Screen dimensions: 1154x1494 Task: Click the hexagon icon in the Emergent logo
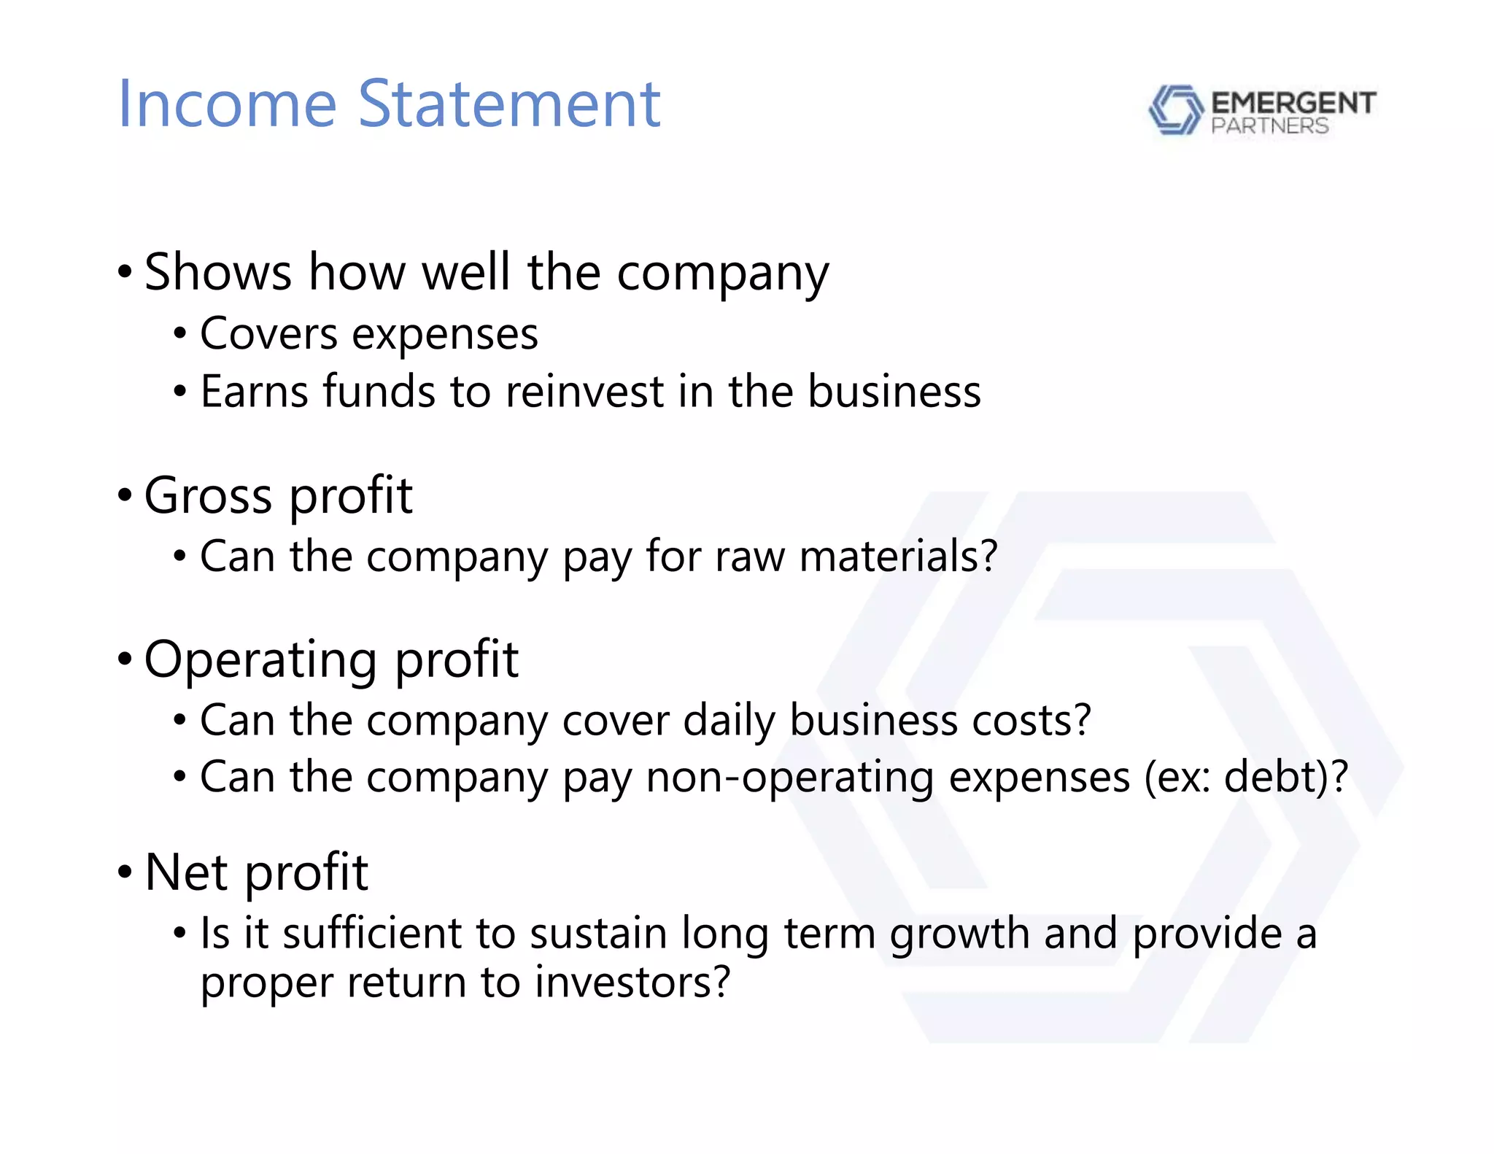click(x=1175, y=110)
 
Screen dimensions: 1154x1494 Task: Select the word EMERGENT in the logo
click(x=1293, y=103)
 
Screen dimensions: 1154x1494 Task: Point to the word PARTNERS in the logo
click(x=1269, y=126)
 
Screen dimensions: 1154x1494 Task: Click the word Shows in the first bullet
click(x=218, y=272)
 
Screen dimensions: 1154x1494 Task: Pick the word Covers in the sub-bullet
click(x=268, y=335)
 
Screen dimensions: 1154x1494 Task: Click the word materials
click(x=898, y=557)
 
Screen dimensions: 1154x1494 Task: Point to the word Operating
click(x=260, y=660)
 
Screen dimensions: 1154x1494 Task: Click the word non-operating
click(x=789, y=778)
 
